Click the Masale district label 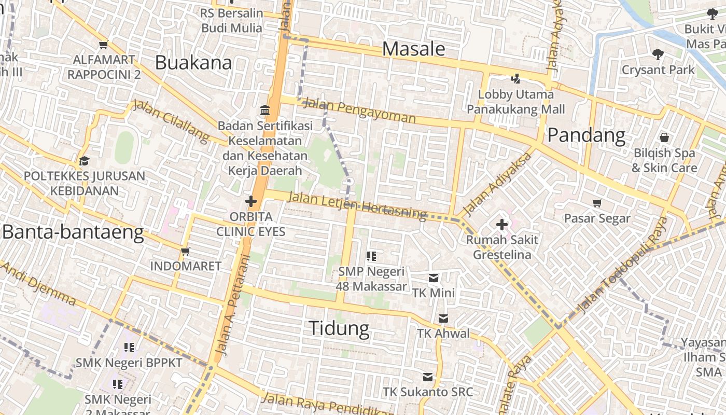click(x=413, y=49)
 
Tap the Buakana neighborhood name click(x=193, y=63)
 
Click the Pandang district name click(x=586, y=135)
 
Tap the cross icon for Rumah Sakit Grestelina click(x=501, y=225)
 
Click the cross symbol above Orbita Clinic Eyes click(x=251, y=201)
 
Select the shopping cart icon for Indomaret click(x=185, y=252)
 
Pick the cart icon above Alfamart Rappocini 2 click(x=104, y=45)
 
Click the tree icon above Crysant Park click(x=658, y=54)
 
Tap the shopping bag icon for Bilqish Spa click(x=664, y=138)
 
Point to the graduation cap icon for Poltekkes click(x=84, y=161)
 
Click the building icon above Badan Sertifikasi click(x=265, y=110)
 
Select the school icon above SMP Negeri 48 click(x=371, y=256)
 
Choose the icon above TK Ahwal click(x=443, y=319)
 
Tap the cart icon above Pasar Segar click(x=597, y=203)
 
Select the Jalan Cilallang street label click(x=171, y=121)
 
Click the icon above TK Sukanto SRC click(x=428, y=377)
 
